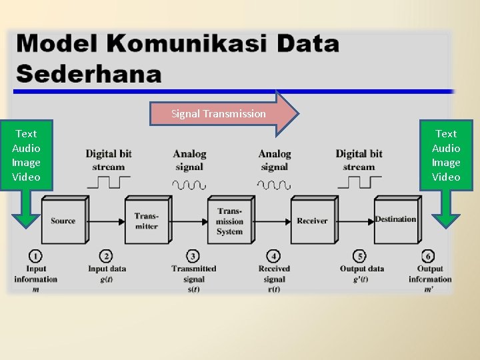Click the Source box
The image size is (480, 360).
[63, 221]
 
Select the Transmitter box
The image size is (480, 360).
[146, 221]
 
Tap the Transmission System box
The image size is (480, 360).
[229, 221]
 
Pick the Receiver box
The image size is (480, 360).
[312, 221]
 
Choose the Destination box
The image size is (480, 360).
[395, 219]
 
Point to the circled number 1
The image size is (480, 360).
[35, 256]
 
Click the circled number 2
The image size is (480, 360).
[106, 256]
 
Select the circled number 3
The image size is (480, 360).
[193, 256]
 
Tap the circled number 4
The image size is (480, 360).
[273, 256]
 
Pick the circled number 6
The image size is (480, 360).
[429, 256]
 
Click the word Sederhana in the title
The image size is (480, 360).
[89, 72]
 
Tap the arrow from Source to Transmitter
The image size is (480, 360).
[107, 221]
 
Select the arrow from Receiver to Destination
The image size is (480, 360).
[357, 221]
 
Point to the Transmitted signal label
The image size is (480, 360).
[193, 274]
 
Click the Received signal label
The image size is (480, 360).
[273, 274]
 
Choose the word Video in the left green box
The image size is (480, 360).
[26, 177]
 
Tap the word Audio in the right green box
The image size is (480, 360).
[446, 148]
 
